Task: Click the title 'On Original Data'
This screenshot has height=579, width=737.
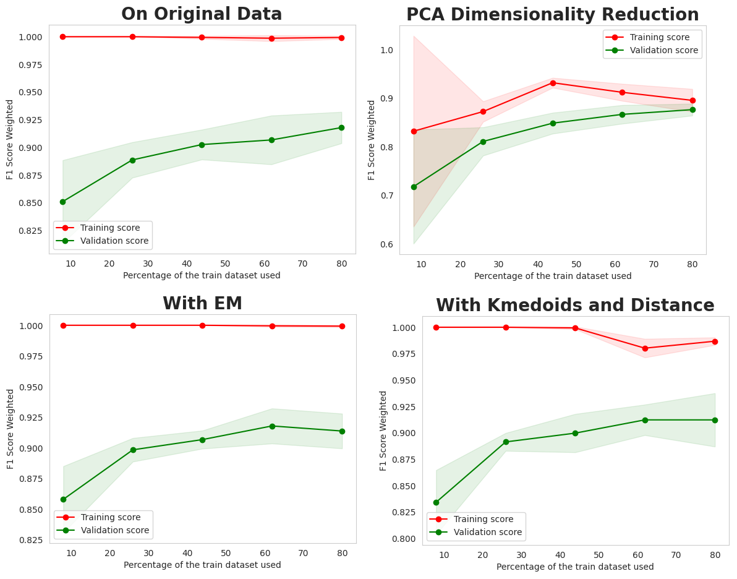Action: pos(202,14)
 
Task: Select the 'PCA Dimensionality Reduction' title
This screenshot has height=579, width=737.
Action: pos(552,15)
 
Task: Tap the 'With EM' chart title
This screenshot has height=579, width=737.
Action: pos(202,304)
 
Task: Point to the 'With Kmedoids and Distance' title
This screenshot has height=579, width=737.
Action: pos(575,306)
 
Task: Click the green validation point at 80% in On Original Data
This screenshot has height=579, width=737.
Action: pos(341,127)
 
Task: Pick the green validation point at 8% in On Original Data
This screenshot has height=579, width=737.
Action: pos(62,202)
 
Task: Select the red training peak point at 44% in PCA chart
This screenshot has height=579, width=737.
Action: pos(553,83)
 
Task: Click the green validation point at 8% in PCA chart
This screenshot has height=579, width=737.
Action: pos(414,187)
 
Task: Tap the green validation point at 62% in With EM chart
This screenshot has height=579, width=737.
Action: pos(272,426)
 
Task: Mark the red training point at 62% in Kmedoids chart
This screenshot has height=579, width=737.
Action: pos(645,348)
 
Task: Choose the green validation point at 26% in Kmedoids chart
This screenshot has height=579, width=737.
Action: pos(506,442)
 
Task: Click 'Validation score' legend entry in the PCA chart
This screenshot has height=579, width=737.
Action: pos(663,51)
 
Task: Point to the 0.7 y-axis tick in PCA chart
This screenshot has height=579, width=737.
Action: pos(385,195)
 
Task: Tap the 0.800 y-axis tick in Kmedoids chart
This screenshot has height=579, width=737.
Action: pos(403,539)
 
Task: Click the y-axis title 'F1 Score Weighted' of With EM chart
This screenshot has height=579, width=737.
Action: pos(11,429)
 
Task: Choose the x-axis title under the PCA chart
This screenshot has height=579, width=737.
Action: pos(553,276)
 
